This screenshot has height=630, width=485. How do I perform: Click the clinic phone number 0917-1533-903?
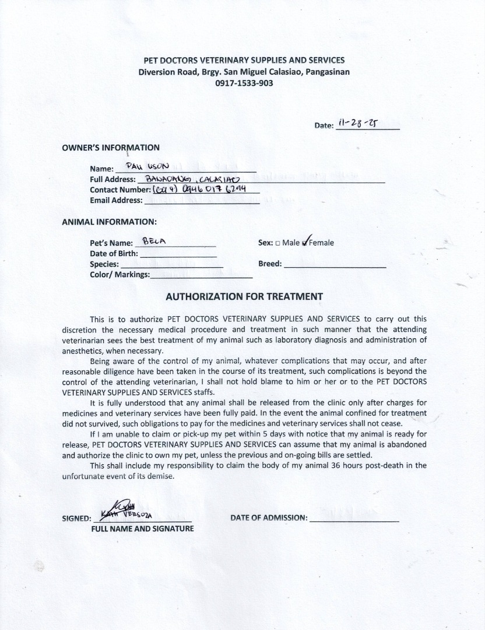244,83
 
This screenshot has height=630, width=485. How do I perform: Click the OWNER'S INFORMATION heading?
111,148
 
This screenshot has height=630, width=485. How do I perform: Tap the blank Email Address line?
201,201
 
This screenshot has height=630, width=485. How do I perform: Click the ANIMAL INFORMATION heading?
109,222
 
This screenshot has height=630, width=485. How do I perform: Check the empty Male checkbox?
277,243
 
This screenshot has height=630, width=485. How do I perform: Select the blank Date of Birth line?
178,254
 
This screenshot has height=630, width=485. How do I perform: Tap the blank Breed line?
335,264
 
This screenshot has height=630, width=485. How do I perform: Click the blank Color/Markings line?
201,275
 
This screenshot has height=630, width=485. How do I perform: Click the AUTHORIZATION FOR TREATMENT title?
244,296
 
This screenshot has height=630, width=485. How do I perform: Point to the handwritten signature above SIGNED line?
122,511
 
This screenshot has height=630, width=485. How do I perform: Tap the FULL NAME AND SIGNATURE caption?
142,528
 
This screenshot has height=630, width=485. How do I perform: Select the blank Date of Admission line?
354,518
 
